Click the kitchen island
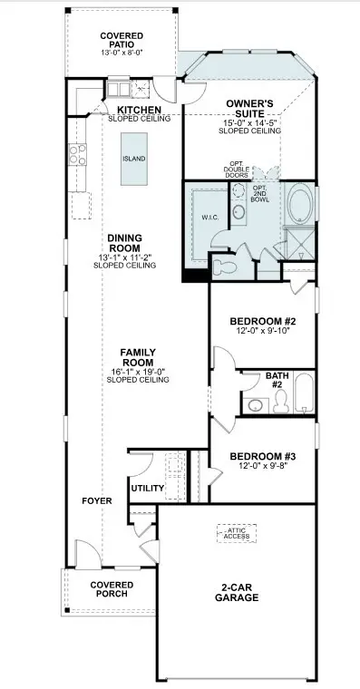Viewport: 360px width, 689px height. point(134,158)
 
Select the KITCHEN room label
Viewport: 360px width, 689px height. point(139,110)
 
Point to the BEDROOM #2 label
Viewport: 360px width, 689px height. point(263,322)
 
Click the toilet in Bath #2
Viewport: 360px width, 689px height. point(255,404)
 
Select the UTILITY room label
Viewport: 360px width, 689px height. point(147,489)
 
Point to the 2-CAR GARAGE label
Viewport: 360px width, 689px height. point(237,592)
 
